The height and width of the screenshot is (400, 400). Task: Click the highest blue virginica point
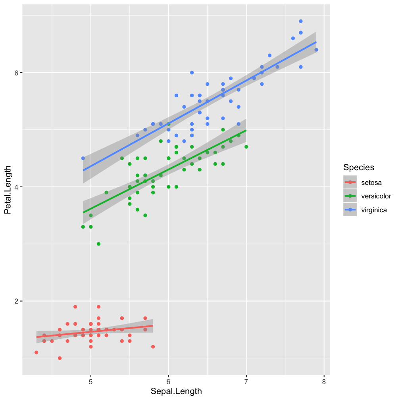click(301, 21)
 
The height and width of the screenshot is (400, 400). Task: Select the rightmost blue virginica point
click(316, 50)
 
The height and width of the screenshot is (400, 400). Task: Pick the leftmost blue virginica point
click(83, 158)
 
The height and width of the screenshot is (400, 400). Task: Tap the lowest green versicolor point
click(98, 244)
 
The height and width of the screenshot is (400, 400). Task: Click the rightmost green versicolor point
click(246, 147)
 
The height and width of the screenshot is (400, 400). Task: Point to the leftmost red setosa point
click(37, 352)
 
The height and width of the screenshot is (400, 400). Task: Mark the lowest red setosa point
click(60, 358)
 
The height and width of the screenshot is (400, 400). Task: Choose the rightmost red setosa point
click(153, 346)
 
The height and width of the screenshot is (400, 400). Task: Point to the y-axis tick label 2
click(17, 301)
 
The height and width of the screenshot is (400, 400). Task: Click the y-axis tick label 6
click(17, 73)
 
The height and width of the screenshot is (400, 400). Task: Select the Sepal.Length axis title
click(176, 391)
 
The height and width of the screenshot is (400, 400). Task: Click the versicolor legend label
click(376, 196)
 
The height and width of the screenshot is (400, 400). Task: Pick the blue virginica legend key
click(350, 210)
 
